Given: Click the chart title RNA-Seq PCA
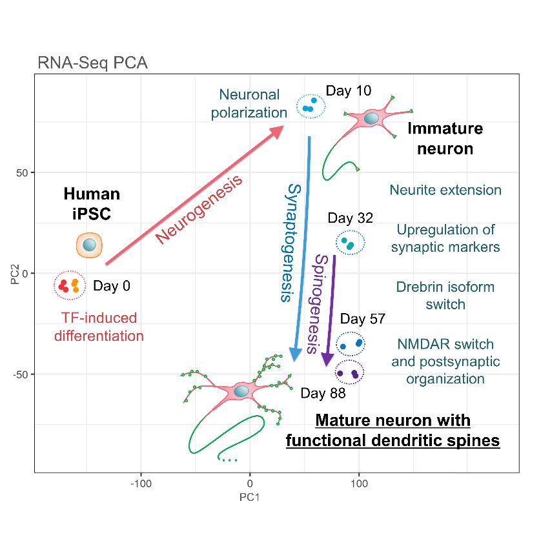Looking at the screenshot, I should pyautogui.click(x=93, y=63).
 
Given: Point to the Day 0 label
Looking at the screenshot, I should pyautogui.click(x=112, y=286).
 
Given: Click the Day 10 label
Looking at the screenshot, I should pyautogui.click(x=348, y=91).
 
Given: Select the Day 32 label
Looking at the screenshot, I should pyautogui.click(x=351, y=218).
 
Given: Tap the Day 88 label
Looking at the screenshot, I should pyautogui.click(x=323, y=393).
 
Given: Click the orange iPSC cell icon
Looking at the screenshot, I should pyautogui.click(x=90, y=245).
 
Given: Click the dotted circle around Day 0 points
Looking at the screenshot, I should pyautogui.click(x=69, y=285).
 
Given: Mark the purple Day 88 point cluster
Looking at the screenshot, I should pyautogui.click(x=350, y=373).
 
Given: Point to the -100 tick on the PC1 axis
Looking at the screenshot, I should pyautogui.click(x=140, y=483).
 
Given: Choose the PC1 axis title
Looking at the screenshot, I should pyautogui.click(x=249, y=497).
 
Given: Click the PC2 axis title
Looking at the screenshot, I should pyautogui.click(x=12, y=273).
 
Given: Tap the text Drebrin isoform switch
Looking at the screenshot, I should pyautogui.click(x=445, y=296).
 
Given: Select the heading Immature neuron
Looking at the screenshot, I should pyautogui.click(x=445, y=139).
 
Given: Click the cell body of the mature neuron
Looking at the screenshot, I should pyautogui.click(x=241, y=391).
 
